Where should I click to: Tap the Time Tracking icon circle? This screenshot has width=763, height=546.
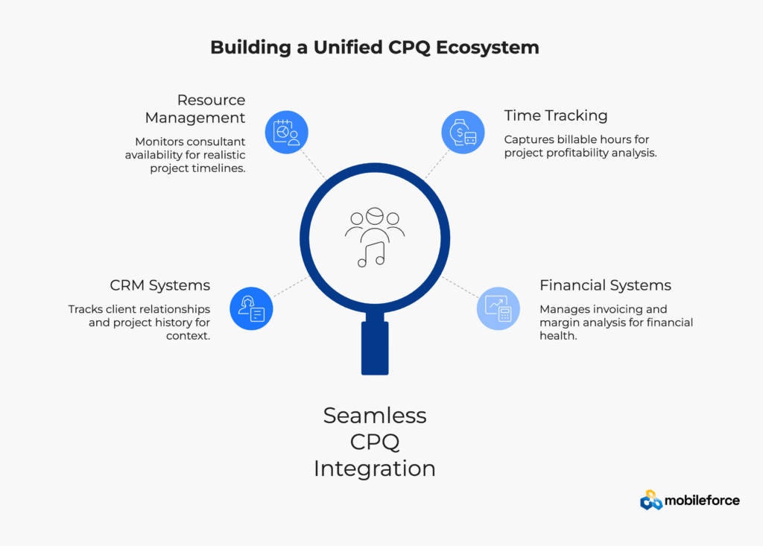coord(463,132)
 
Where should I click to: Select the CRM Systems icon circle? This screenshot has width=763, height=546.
coord(251,308)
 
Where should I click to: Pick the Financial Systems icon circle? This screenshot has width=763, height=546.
coord(498,308)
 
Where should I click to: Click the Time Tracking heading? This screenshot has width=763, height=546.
coord(555,115)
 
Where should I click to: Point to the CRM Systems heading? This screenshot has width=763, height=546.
coord(160,285)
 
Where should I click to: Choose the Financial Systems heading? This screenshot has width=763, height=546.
coord(605,285)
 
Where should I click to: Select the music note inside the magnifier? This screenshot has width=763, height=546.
coord(371,254)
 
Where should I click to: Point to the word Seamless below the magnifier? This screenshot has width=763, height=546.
coord(375,415)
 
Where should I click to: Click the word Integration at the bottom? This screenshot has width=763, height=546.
coord(375,469)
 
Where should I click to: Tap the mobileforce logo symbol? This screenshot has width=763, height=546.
coord(650,501)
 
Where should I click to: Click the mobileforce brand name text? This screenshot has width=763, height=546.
coord(703,501)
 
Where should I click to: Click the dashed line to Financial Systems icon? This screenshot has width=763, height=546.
coord(460,287)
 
